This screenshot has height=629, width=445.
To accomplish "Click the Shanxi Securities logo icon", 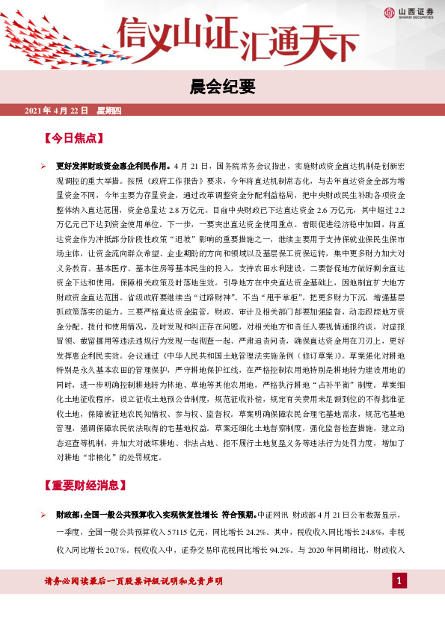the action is (389, 12).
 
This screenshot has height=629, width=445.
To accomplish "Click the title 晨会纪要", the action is (222, 87).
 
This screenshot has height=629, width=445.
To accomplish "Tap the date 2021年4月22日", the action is (57, 111).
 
